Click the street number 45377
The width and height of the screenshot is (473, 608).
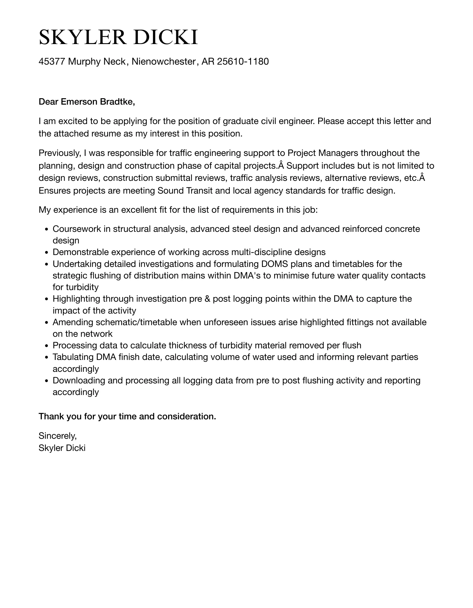52,61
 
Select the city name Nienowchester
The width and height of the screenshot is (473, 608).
164,61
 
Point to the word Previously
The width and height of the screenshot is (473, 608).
59,153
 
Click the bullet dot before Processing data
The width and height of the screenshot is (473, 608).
46,346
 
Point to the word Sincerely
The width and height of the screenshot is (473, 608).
57,436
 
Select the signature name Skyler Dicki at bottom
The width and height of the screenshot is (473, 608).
62,448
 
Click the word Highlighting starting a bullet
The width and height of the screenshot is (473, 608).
76,299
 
